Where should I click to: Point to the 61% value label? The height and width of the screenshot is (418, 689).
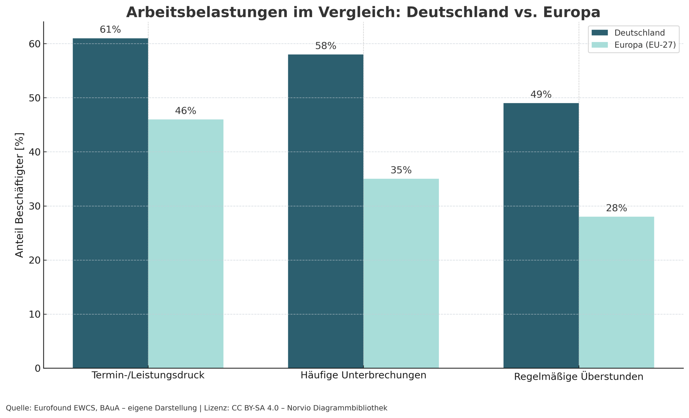110,29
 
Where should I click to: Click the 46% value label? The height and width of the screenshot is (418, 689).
185,111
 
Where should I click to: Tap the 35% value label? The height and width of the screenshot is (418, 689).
401,170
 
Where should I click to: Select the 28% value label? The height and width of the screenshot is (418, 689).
616,208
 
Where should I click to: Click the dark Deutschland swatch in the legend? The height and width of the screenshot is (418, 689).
600,33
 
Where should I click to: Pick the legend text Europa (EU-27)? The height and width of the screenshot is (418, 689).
645,45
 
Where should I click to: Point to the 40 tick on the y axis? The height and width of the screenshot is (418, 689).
34,152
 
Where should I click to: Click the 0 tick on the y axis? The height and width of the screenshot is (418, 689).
37,368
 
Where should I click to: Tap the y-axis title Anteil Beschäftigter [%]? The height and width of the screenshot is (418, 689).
19,195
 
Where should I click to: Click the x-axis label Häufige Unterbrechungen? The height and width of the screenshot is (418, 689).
363,375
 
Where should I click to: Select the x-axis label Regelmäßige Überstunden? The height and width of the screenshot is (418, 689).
579,376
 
